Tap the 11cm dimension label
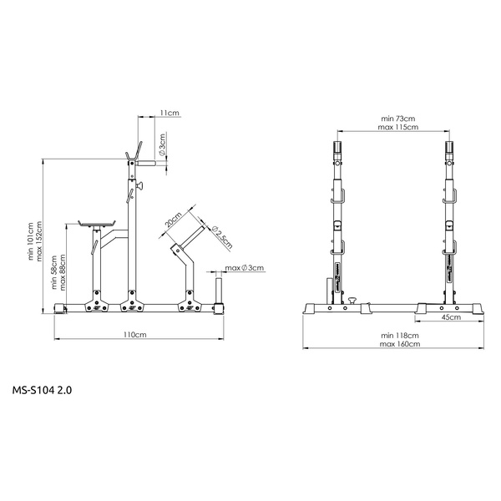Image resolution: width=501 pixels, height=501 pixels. click(x=170, y=111)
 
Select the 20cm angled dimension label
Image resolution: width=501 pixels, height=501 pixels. click(x=173, y=220)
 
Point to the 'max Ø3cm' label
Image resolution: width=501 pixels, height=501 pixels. click(x=245, y=268)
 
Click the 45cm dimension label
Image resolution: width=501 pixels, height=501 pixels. click(x=451, y=317)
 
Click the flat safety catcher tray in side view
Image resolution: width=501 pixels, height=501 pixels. click(x=97, y=223)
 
